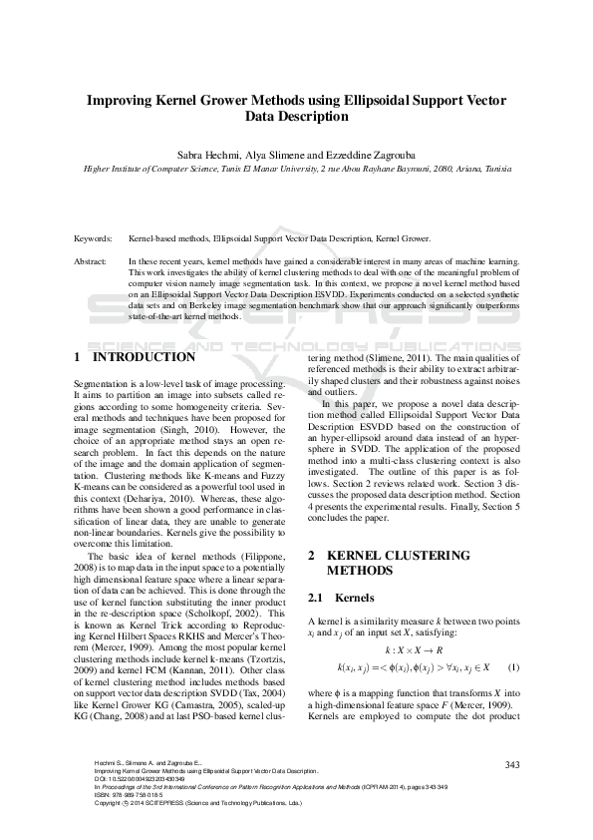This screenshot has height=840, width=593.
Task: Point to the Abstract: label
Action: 93,261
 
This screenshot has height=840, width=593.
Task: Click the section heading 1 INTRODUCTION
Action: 135,356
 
